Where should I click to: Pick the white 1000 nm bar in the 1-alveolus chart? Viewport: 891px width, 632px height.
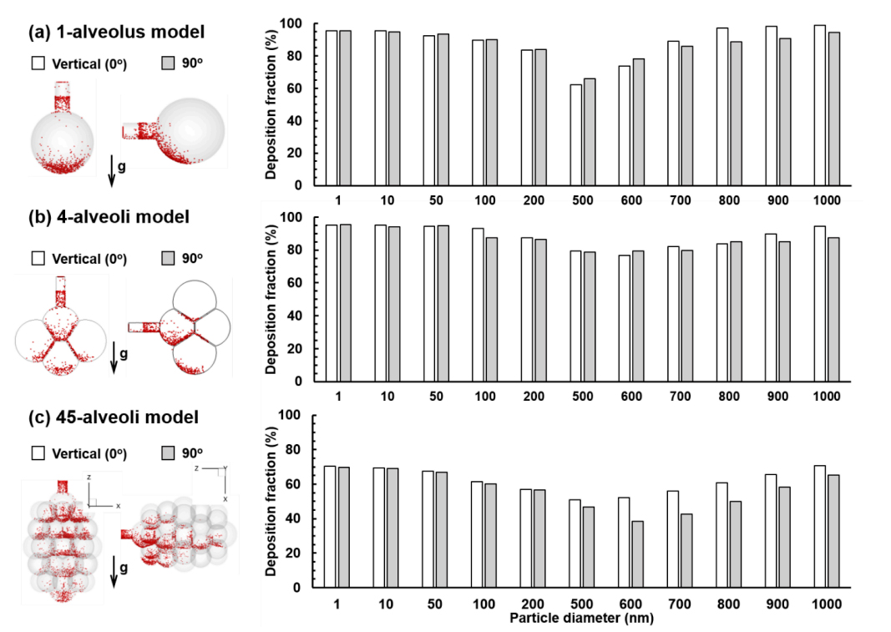tap(819, 105)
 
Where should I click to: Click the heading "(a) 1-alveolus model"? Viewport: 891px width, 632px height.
tap(117, 33)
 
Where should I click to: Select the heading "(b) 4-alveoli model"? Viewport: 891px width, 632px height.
tap(109, 217)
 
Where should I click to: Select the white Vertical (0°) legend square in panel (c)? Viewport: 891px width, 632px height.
tap(38, 453)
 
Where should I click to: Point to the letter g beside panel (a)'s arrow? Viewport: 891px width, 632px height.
tap(123, 167)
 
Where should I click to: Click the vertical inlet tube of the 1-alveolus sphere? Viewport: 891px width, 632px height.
tap(63, 97)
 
